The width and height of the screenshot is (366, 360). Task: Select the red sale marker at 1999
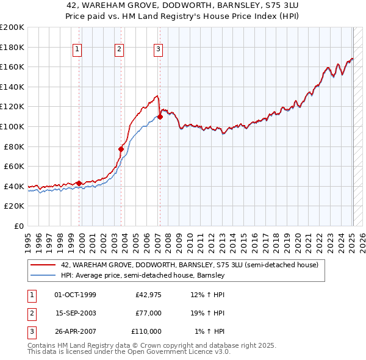coord(79,183)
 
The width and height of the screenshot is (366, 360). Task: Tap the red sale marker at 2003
coord(121,149)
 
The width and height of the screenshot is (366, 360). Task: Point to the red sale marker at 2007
coord(160,117)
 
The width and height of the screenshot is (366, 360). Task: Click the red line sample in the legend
coord(43,265)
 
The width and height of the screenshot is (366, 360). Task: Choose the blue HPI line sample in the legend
coord(43,276)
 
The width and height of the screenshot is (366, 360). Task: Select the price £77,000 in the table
coord(148,314)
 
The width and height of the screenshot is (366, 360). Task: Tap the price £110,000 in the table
coord(146,331)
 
